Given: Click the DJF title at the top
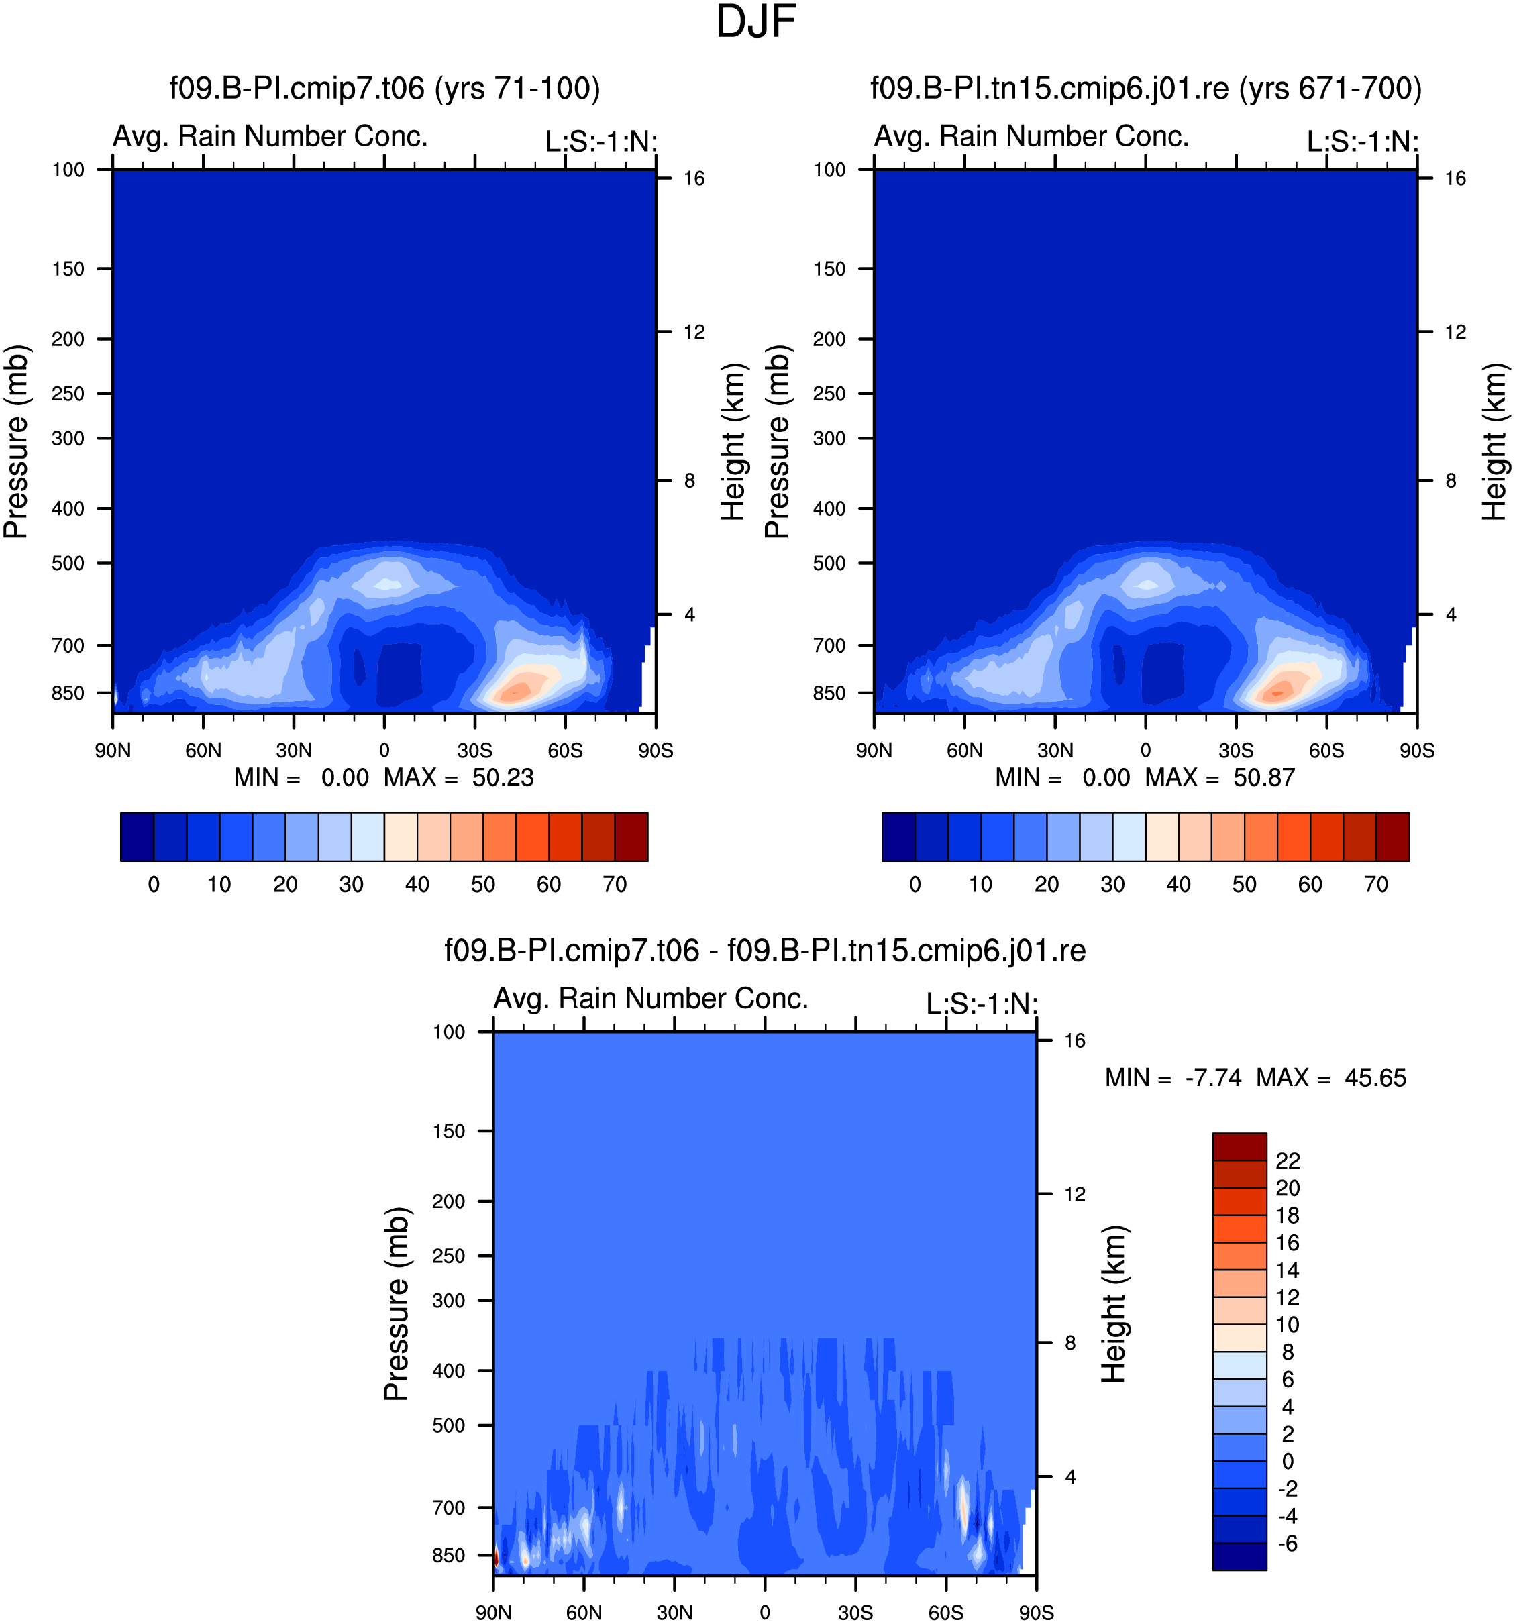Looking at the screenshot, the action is tap(756, 22).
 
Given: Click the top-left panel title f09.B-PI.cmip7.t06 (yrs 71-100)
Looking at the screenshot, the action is tap(385, 89).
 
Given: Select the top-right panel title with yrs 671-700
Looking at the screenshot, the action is tap(1146, 89).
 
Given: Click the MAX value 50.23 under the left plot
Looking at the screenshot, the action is tap(503, 777).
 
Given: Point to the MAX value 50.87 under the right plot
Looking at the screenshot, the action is tap(1264, 777).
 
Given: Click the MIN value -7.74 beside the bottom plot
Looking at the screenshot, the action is tap(1214, 1079).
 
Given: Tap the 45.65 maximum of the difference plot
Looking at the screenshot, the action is tap(1375, 1079).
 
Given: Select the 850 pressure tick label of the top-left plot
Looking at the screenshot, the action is tap(68, 694).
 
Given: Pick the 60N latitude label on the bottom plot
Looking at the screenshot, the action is tap(584, 1613).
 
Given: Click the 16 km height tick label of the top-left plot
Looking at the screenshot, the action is tap(694, 179).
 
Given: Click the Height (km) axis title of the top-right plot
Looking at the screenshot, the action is tap(1495, 442).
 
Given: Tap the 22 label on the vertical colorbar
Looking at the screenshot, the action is tap(1288, 1161).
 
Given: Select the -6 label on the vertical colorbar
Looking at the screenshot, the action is tap(1288, 1543).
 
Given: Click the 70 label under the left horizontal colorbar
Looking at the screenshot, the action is tap(615, 885).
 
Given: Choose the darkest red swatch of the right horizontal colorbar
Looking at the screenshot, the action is tap(1392, 836).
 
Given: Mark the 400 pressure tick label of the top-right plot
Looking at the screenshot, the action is tap(829, 509).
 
